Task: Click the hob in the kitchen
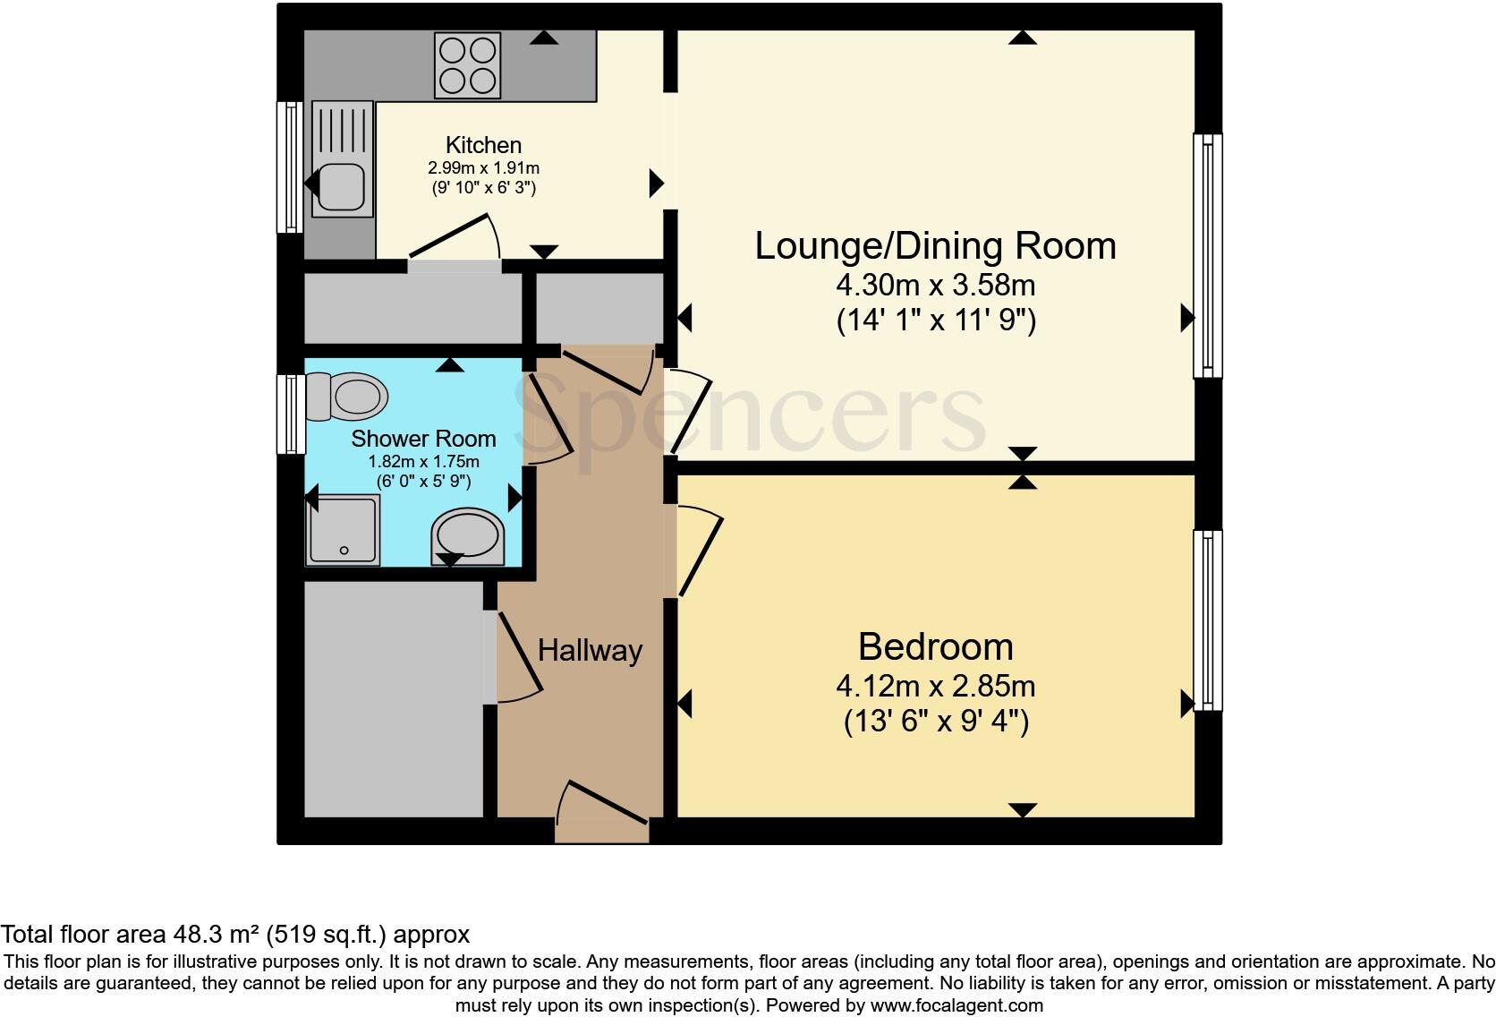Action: click(x=466, y=64)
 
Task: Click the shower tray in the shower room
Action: click(x=344, y=531)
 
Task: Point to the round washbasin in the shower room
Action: click(x=468, y=536)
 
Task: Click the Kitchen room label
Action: click(x=483, y=145)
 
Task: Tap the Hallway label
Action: click(x=590, y=650)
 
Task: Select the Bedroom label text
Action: click(x=935, y=646)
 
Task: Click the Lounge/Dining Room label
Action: click(x=935, y=246)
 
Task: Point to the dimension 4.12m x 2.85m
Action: click(x=935, y=687)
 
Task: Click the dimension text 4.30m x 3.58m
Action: click(x=935, y=286)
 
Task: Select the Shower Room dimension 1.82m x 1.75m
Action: click(x=423, y=462)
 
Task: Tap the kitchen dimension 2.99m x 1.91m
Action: click(x=483, y=167)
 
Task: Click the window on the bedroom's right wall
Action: click(x=1207, y=620)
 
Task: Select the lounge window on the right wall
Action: click(x=1207, y=255)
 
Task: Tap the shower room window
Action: click(x=290, y=414)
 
